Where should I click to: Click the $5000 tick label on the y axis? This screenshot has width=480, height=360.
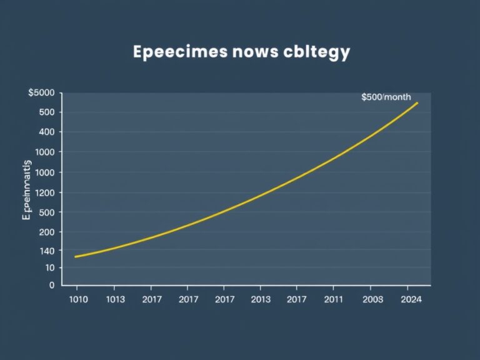tap(41, 92)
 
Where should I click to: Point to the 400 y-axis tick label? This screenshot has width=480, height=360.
tap(46, 132)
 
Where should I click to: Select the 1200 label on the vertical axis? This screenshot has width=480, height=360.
tap(44, 192)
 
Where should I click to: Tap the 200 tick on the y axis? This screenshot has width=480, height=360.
tap(46, 232)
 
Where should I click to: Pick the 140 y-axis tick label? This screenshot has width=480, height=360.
tap(46, 251)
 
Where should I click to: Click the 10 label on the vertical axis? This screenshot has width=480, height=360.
tap(49, 267)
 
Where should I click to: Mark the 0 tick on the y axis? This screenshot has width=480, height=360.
tap(52, 285)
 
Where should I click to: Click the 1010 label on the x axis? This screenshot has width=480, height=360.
tap(77, 299)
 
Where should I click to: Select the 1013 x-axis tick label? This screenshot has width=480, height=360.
tap(115, 299)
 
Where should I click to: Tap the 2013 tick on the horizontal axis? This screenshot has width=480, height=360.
tap(260, 299)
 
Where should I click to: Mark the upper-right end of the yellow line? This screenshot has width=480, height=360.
tap(417, 102)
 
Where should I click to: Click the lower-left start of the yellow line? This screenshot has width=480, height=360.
tap(75, 257)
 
